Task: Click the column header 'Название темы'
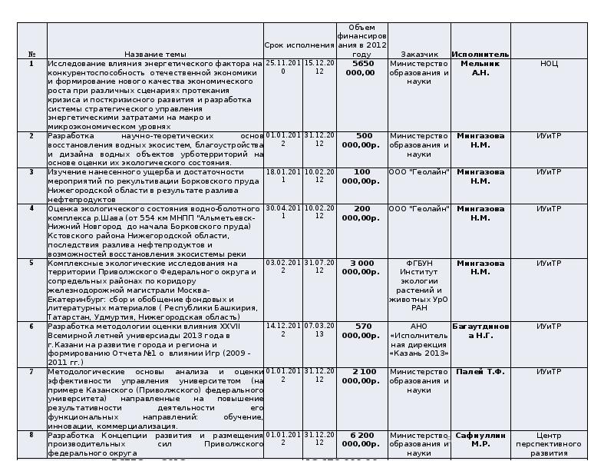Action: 155,55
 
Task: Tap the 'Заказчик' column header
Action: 419,55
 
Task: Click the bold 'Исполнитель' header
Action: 480,55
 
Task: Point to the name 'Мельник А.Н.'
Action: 480,68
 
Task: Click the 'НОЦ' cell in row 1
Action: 549,64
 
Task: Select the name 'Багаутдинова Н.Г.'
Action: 480,330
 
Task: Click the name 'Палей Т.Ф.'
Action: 480,372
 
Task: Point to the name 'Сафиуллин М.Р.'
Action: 480,439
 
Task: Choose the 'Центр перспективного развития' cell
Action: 549,444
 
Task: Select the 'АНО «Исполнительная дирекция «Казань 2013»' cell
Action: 419,340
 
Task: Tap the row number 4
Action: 31,208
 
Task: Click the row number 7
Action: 31,372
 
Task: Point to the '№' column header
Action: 31,55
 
